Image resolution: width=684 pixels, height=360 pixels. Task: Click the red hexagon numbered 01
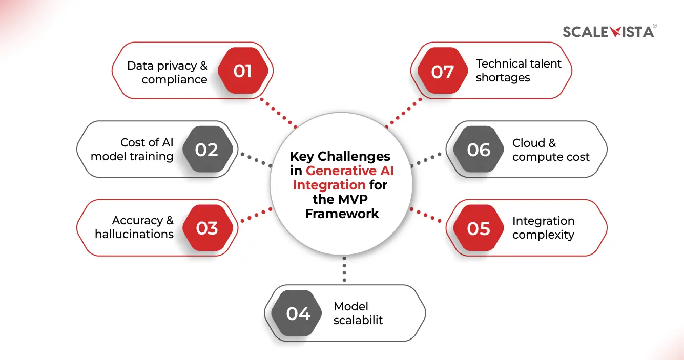click(243, 71)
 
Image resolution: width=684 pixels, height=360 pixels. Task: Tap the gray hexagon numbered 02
click(206, 150)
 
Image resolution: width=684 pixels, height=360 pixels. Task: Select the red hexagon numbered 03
click(206, 228)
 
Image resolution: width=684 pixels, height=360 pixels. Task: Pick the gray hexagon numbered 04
click(298, 313)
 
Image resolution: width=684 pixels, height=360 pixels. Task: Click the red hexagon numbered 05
click(479, 228)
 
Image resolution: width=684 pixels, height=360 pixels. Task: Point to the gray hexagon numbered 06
click(479, 150)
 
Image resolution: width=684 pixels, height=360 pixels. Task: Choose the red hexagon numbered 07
click(442, 71)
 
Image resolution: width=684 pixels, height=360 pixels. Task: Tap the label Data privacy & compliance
click(168, 72)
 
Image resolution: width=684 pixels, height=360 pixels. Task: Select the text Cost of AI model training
click(132, 150)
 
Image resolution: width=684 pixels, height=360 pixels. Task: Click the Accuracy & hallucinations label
click(135, 227)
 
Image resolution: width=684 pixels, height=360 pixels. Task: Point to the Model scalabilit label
click(358, 313)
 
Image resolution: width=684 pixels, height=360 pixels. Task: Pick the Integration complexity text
click(543, 228)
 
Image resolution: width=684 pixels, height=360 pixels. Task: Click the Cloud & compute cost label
click(551, 150)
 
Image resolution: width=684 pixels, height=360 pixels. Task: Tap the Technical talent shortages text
click(518, 71)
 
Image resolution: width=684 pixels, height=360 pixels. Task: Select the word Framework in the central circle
click(342, 214)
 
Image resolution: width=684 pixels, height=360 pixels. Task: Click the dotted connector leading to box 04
click(344, 269)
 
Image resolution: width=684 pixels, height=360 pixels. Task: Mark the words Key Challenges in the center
click(340, 156)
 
